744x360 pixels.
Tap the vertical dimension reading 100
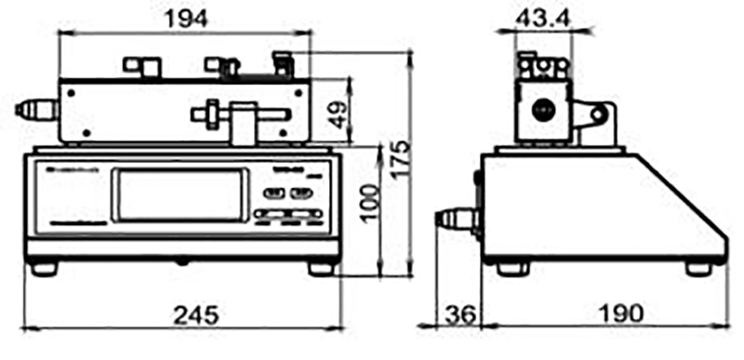point(370,208)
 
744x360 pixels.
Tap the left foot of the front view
point(43,268)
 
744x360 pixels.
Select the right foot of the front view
point(321,268)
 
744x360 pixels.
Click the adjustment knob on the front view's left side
point(35,111)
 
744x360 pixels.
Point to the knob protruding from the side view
point(456,220)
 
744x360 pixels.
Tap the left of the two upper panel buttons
point(273,193)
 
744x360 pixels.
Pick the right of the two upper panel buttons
point(300,193)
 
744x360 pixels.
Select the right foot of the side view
point(697,268)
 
